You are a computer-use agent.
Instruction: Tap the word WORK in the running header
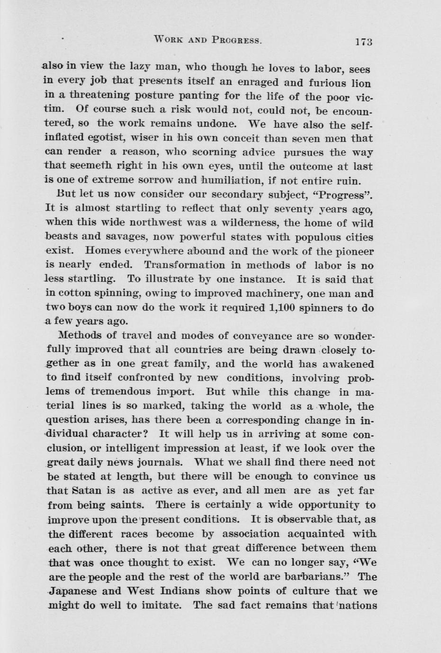click(169, 40)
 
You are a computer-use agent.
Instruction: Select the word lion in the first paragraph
click(361, 83)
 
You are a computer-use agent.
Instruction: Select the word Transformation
click(185, 265)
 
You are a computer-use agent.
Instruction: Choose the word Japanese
click(72, 591)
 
